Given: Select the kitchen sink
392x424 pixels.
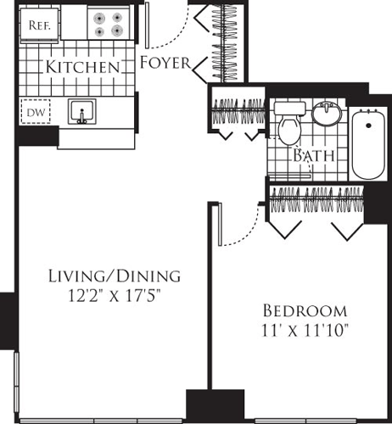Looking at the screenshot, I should point(82,112).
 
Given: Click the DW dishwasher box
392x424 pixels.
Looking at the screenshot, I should point(33,112).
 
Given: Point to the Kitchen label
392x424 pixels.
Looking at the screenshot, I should point(82,66).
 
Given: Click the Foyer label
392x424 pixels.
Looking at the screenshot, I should point(165,63).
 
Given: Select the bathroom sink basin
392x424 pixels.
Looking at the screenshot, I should point(326,114).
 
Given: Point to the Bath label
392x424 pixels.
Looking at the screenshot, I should point(311,156).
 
